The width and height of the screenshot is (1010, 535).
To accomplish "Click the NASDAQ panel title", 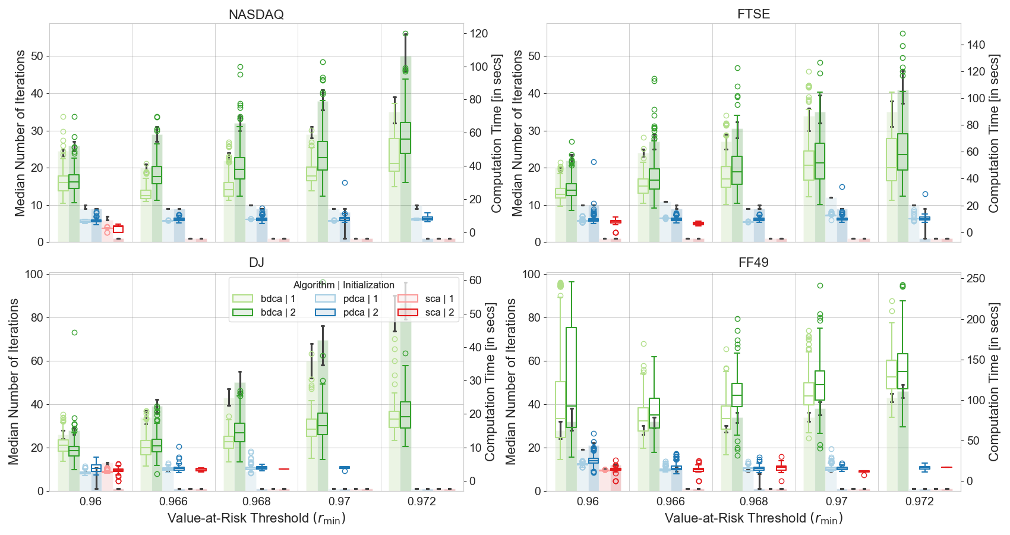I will click(256, 14).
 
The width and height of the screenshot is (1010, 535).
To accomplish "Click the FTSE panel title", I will click(753, 14).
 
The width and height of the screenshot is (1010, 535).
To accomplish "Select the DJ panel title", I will click(256, 263).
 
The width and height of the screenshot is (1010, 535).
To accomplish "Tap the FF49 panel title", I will click(753, 263).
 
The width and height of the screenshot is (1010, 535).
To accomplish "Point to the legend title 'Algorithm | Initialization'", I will click(343, 285).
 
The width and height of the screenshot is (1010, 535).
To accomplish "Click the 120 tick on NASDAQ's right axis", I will click(479, 34).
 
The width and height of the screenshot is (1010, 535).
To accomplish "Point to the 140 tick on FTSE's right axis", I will click(976, 45).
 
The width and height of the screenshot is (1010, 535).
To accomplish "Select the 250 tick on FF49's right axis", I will click(976, 279).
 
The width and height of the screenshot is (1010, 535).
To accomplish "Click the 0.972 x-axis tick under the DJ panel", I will click(422, 502).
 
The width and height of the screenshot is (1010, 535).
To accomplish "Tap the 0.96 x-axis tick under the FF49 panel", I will click(588, 502).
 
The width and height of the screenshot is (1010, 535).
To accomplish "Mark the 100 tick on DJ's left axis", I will click(34, 275).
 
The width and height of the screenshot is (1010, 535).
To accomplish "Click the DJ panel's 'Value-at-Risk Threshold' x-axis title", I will click(256, 518).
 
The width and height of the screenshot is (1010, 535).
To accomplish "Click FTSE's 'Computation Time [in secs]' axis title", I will click(993, 133).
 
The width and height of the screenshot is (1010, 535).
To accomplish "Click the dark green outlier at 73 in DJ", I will click(74, 332).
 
